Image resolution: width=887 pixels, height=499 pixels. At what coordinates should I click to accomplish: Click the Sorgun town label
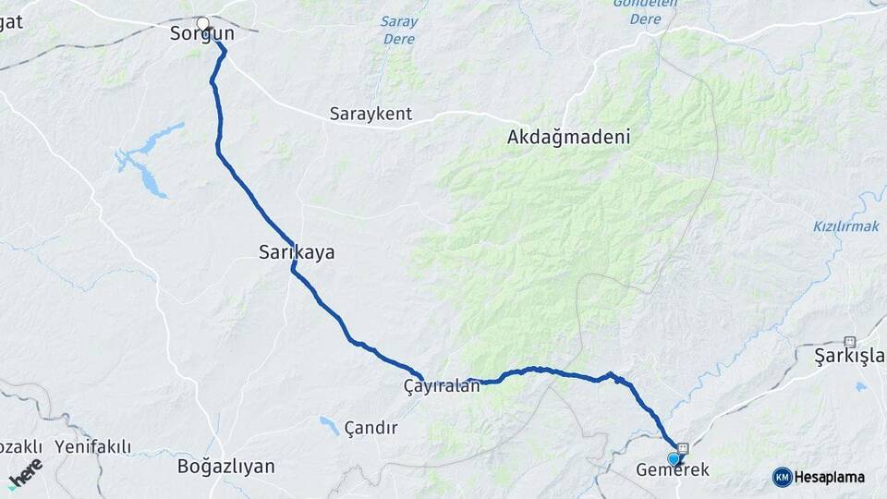pos(201,34)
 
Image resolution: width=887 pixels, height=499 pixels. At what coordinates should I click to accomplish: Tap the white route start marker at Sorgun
pos(203,23)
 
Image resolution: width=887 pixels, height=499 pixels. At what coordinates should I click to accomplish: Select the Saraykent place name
pos(371,116)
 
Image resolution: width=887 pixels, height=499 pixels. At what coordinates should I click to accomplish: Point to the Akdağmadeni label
pos(568,138)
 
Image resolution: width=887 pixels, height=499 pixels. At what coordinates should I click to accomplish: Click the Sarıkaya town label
pos(296,251)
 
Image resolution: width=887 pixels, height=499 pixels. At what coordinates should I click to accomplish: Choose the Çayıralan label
pos(442,386)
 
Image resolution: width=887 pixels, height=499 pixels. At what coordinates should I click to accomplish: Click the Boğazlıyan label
pos(225,466)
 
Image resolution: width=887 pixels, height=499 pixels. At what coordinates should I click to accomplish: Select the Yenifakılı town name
pos(92,447)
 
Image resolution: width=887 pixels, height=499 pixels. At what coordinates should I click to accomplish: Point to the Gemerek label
pos(673,470)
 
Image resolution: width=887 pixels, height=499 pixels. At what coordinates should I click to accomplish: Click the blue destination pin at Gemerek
pos(674,457)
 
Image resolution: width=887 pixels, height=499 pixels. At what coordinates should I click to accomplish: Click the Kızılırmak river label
pos(844,226)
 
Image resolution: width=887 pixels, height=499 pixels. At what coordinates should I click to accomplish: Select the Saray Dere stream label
pos(399,30)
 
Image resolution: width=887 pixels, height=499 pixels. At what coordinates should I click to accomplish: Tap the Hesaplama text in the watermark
pos(830,477)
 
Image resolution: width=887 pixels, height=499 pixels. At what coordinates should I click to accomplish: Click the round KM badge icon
pos(783,477)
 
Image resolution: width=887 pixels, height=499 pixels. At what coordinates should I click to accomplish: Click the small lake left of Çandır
pos(329,425)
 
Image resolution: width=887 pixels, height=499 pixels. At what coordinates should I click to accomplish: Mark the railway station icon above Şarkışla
pos(850,341)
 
